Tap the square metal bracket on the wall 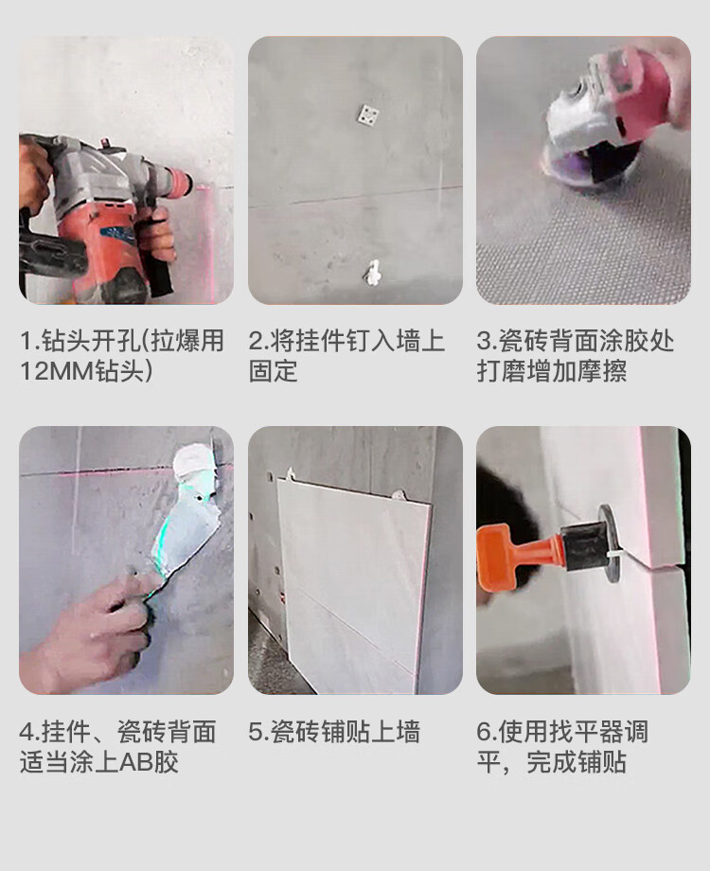pos(366,115)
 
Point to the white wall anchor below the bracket pos(373,273)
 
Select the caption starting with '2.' pos(346,356)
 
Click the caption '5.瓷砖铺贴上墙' pos(334,732)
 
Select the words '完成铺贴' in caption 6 pos(577,761)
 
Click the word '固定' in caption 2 pos(273,371)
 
